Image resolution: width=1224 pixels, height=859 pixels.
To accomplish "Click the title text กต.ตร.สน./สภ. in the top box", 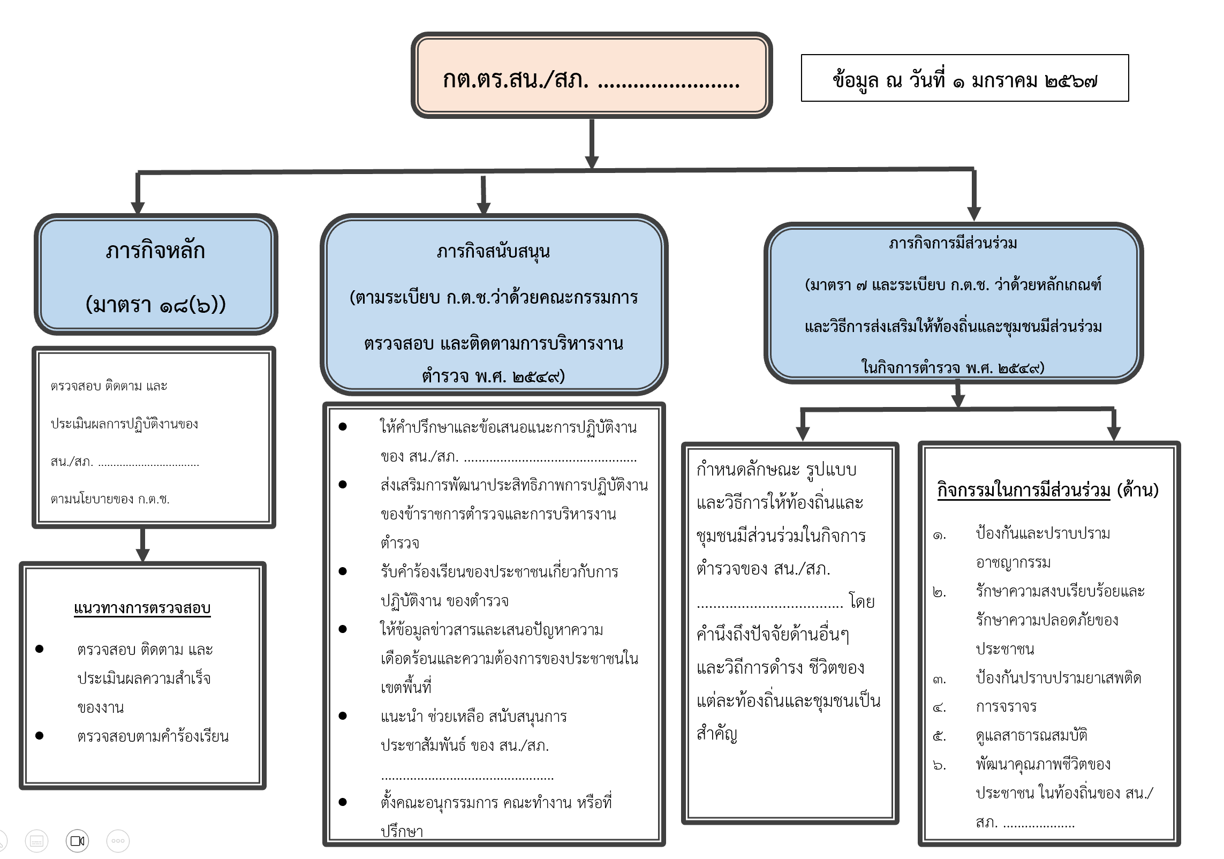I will pyautogui.click(x=515, y=80).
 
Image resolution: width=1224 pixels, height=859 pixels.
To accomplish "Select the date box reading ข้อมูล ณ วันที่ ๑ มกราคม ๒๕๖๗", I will pyautogui.click(x=964, y=78).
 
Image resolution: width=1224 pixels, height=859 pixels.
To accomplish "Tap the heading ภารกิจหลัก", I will pyautogui.click(x=155, y=251).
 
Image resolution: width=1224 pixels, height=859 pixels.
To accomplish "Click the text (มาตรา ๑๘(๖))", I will pyautogui.click(x=155, y=305).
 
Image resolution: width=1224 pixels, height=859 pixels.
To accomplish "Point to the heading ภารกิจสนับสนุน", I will pyautogui.click(x=493, y=251).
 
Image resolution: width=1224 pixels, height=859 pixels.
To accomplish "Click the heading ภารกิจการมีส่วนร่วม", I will pyautogui.click(x=953, y=243).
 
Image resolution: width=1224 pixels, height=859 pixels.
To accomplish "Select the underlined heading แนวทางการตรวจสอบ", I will pyautogui.click(x=142, y=608).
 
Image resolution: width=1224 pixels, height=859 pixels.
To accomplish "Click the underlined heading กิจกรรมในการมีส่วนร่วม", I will pyautogui.click(x=1024, y=489).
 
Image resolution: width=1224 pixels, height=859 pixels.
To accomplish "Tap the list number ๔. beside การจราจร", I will pyautogui.click(x=939, y=707).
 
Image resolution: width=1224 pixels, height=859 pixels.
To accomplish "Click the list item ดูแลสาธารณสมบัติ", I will pyautogui.click(x=1031, y=735).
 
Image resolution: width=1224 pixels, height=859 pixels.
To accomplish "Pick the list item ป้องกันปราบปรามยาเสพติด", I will pyautogui.click(x=1058, y=678).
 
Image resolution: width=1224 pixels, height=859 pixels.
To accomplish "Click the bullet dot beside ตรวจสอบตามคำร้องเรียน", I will pyautogui.click(x=39, y=736).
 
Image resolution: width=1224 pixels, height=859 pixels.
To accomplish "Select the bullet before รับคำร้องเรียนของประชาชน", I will pyautogui.click(x=343, y=571).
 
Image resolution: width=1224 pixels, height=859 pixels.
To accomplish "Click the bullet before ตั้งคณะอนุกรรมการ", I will pyautogui.click(x=343, y=802).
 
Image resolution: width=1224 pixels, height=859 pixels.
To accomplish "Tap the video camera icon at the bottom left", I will pyautogui.click(x=78, y=840).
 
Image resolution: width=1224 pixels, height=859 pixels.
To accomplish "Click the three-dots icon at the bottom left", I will pyautogui.click(x=118, y=840).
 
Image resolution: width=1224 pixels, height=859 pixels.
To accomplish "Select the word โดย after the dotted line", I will pyautogui.click(x=862, y=602).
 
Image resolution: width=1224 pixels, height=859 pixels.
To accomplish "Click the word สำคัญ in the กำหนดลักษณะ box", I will pyautogui.click(x=717, y=734).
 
